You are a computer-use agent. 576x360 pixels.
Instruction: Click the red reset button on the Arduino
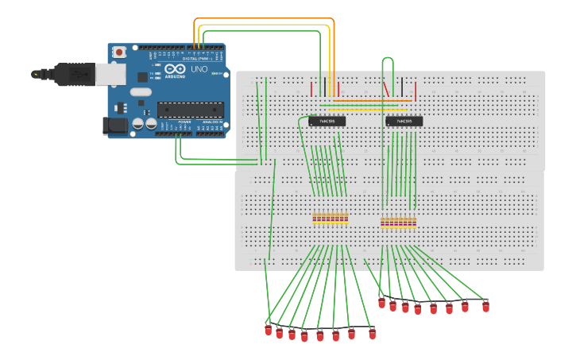119,52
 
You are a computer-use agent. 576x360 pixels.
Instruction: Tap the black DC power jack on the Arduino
116,126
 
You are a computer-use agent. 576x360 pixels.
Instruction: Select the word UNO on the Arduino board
199,70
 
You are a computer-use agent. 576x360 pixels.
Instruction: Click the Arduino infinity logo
172,70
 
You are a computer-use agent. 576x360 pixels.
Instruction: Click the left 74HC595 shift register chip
327,122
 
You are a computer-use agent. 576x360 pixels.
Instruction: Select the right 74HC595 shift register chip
404,122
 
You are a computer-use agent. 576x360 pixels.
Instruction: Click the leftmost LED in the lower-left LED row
269,330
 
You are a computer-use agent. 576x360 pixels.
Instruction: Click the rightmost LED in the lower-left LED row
372,334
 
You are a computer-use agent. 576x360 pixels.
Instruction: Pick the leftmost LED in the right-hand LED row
381,303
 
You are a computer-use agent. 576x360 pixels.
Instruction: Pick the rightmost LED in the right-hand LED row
485,306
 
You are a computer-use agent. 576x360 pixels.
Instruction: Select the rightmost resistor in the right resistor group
415,223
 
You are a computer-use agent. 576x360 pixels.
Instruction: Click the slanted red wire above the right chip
387,88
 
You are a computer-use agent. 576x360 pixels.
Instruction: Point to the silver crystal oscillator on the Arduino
141,91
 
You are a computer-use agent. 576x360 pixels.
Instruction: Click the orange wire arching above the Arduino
262,19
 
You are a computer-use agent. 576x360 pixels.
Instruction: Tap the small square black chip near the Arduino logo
143,77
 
